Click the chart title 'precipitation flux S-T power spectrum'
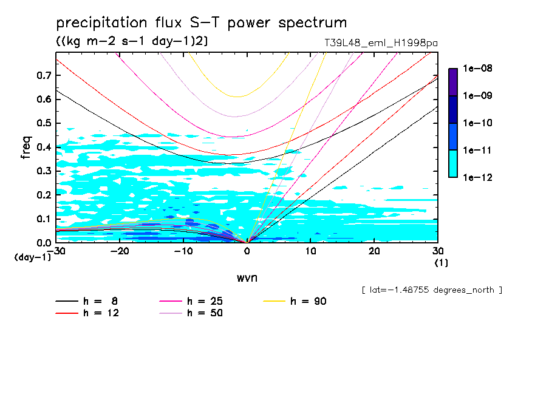[x=201, y=23]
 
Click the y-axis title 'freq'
[x=26, y=148]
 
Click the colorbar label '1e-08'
[x=477, y=69]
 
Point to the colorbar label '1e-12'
[x=477, y=177]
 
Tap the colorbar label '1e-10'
[x=477, y=123]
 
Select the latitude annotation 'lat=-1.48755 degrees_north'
[x=431, y=290]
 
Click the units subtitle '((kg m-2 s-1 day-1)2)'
[x=132, y=41]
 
